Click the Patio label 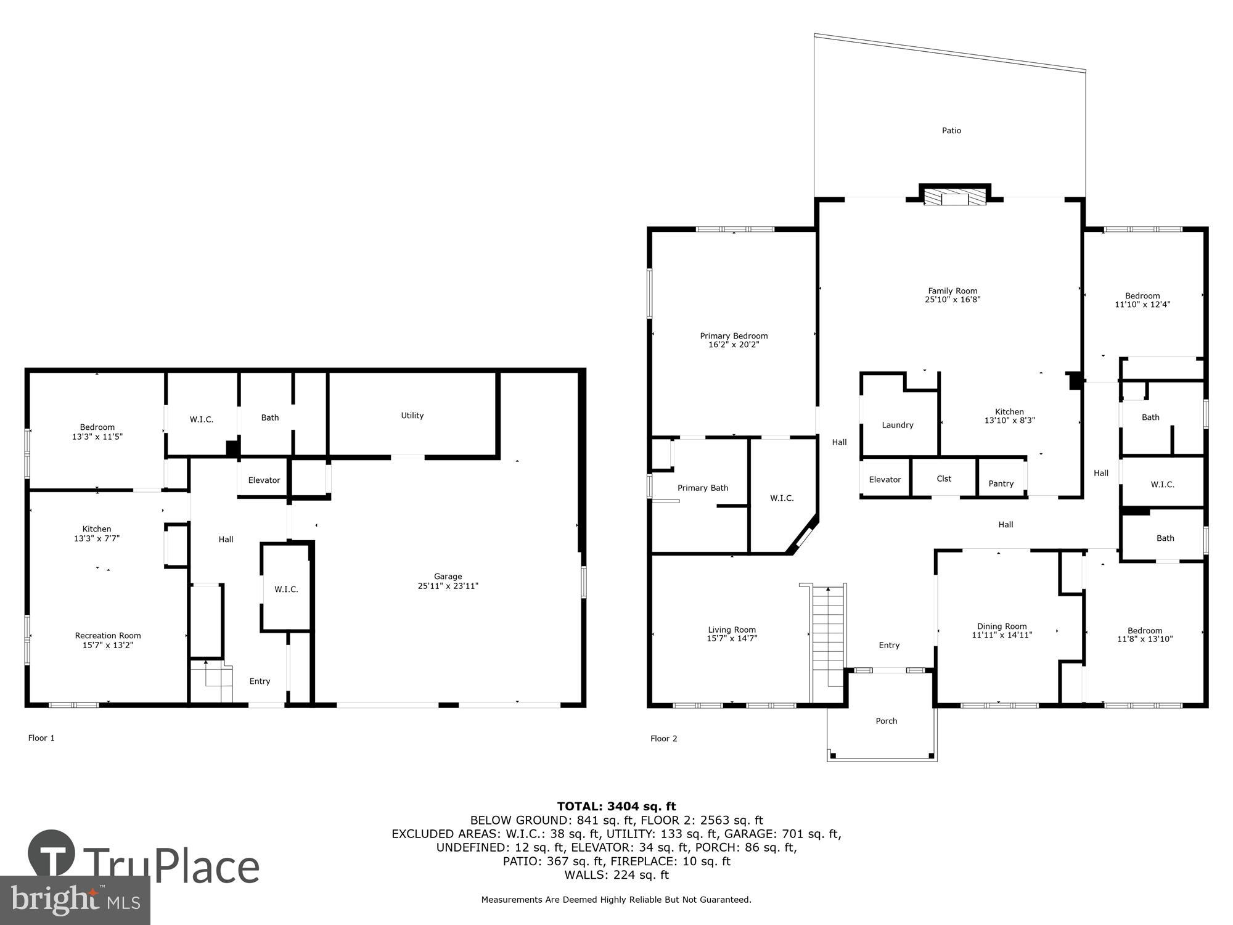pos(951,131)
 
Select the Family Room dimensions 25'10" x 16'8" pos(952,300)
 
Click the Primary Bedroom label pos(734,336)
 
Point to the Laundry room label pos(897,425)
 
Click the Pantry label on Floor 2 pos(1001,483)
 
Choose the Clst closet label pos(944,479)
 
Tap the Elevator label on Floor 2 pos(885,480)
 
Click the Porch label pos(887,721)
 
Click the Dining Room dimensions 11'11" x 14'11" pos(1002,635)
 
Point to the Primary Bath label pos(703,488)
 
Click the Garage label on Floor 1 pos(448,577)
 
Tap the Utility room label pos(412,416)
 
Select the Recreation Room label pos(108,636)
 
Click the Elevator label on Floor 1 pos(264,480)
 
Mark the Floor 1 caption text pos(41,738)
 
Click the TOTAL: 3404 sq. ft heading pos(616,806)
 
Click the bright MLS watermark pos(75,900)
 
